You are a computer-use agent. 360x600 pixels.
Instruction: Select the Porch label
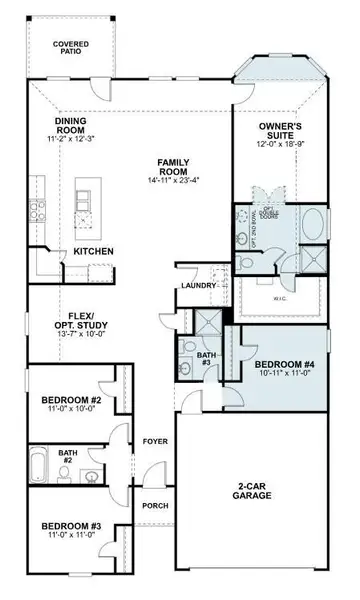(153, 506)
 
